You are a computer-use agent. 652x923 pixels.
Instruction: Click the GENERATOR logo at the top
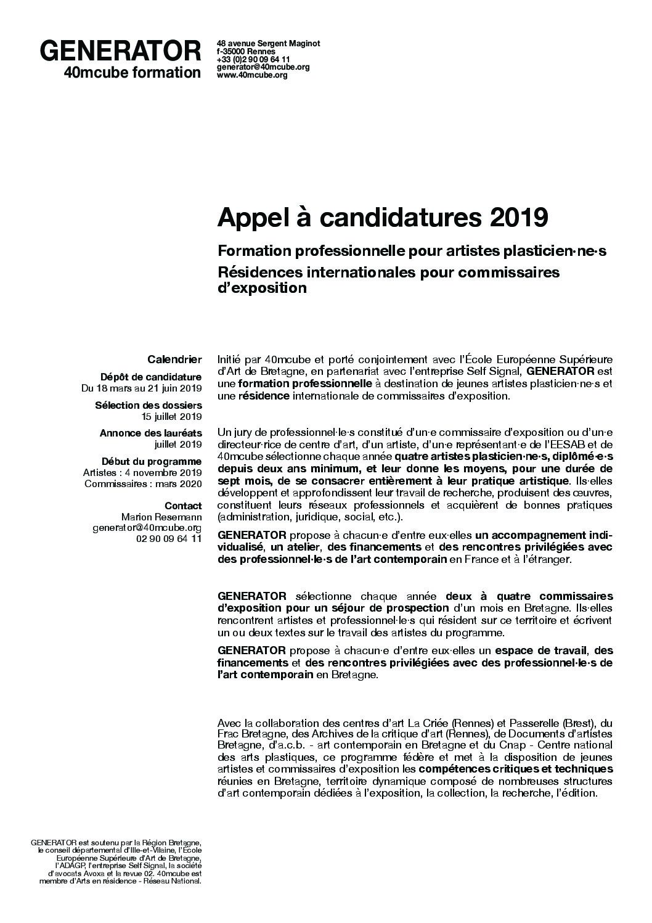pos(120,51)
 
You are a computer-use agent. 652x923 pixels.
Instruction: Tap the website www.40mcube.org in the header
pos(252,75)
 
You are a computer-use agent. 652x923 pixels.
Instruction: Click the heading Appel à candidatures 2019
pos(383,217)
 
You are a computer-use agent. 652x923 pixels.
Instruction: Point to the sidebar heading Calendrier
pos(174,359)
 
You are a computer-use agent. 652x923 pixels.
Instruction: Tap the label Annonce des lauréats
pos(150,433)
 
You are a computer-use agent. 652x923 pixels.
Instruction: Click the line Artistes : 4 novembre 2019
pos(142,472)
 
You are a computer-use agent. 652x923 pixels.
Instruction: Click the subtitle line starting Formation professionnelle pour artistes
pos(412,252)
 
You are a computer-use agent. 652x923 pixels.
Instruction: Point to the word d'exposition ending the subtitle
pos(262,288)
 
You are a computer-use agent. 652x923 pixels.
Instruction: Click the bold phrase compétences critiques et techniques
pos(516,769)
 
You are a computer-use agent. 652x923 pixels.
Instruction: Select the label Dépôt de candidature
pos(150,377)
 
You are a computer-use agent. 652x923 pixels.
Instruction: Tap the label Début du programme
pos(152,461)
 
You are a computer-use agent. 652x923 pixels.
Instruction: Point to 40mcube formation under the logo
pos(132,73)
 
